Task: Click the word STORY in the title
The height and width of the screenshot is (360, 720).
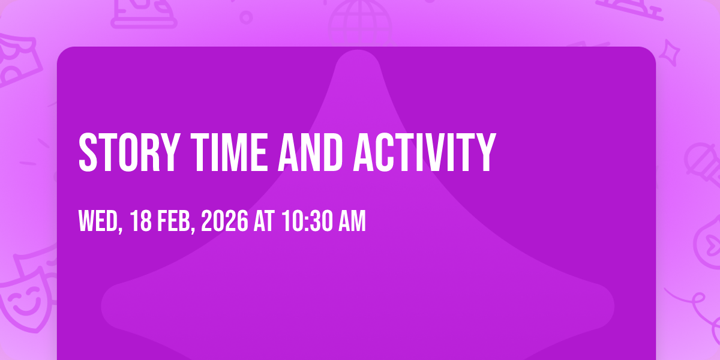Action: pos(129,152)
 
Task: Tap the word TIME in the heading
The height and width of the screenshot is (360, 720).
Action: pos(229,152)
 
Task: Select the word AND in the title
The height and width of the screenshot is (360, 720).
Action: pos(310,152)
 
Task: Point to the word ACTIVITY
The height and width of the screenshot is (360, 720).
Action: pos(425,152)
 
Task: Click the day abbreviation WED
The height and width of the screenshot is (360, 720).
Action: pos(101,221)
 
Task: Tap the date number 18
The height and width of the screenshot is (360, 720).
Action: pos(141,221)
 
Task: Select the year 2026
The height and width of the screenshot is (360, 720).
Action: pos(224,221)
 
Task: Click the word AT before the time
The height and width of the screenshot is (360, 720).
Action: pos(264,221)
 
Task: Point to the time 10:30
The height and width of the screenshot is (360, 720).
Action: pos(307,221)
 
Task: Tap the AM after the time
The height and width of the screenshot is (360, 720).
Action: pos(352,221)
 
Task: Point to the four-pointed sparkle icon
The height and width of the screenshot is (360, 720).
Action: pos(670,53)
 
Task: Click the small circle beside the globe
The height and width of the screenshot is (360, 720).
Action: pos(246,17)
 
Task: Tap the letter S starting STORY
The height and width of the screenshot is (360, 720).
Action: pos(88,152)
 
